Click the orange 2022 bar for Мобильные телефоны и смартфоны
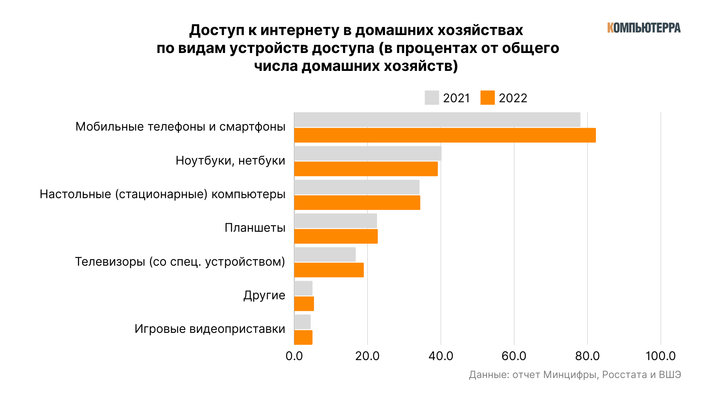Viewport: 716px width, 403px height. click(445, 135)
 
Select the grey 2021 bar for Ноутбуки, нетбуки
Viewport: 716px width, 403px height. click(368, 153)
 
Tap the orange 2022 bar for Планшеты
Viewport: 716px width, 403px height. click(336, 237)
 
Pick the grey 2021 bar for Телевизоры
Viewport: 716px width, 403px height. click(325, 254)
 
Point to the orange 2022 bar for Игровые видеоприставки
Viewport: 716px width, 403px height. click(303, 337)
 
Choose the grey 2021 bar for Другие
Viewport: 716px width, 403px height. click(303, 288)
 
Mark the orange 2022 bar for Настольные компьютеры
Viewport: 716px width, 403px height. click(357, 203)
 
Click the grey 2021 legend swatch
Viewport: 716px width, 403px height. click(432, 98)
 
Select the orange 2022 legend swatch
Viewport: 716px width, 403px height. click(487, 98)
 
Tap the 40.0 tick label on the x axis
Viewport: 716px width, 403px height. click(441, 356)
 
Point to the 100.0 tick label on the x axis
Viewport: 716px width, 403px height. click(660, 356)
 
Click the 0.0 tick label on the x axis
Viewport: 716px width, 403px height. click(294, 356)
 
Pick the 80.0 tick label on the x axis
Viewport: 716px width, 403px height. click(587, 356)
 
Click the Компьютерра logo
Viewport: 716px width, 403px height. click(644, 28)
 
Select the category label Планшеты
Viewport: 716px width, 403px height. click(255, 228)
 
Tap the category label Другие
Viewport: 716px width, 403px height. click(264, 295)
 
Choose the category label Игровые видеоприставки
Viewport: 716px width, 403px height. click(210, 329)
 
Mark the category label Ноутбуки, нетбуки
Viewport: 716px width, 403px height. click(230, 160)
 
